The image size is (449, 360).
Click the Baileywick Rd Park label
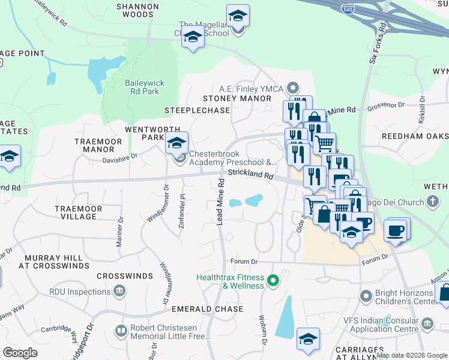pyautogui.click(x=144, y=88)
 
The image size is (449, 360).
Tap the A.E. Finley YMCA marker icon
pyautogui.click(x=293, y=88)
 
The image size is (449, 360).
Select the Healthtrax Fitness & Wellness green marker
pyautogui.click(x=273, y=280)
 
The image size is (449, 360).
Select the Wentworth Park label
pyautogui.click(x=144, y=133)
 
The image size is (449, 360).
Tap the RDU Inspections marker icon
pyautogui.click(x=119, y=292)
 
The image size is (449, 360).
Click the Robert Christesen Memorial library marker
pyautogui.click(x=121, y=331)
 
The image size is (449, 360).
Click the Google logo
pyautogui.click(x=20, y=353)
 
